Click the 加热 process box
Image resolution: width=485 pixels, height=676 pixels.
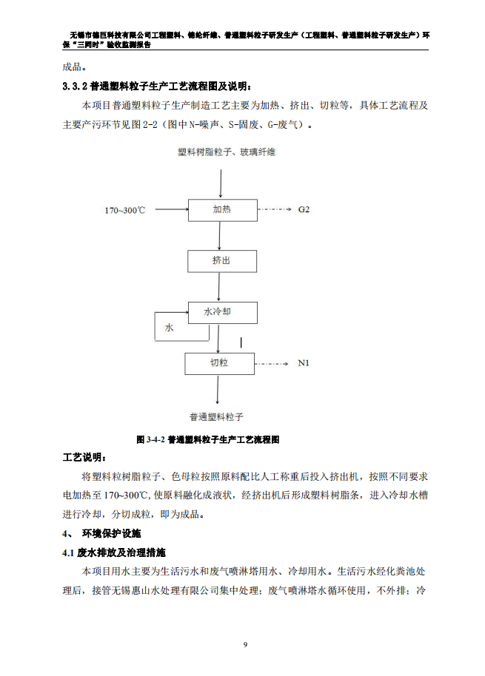(223, 210)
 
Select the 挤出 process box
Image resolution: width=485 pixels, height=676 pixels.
(222, 261)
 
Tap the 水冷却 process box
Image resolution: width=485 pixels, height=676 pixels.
(223, 313)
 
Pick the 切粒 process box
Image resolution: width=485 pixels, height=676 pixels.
(219, 363)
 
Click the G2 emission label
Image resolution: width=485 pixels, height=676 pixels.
(304, 209)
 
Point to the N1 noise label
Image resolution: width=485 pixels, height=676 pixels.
(304, 363)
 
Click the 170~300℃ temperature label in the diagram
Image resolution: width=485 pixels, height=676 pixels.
(124, 210)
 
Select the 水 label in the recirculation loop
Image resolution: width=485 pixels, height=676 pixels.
(169, 328)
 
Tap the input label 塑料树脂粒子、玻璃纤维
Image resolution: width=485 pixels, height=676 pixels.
(227, 152)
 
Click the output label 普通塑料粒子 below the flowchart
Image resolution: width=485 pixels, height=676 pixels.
(216, 417)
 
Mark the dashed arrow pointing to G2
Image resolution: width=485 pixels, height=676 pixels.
(275, 209)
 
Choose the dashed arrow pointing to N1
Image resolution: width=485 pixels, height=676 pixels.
(272, 364)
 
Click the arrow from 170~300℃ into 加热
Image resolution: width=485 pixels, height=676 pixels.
(172, 209)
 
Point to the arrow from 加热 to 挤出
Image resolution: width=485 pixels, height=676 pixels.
(220, 236)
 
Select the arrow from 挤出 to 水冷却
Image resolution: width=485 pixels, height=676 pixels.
(218, 287)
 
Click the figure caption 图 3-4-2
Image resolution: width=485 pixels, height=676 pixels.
(207, 440)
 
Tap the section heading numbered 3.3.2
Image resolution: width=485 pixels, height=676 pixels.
(157, 87)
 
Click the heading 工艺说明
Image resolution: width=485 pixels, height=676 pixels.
(84, 457)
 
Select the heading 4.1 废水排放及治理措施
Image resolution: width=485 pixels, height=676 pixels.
(114, 552)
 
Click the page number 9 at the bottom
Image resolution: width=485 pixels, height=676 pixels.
(246, 645)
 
